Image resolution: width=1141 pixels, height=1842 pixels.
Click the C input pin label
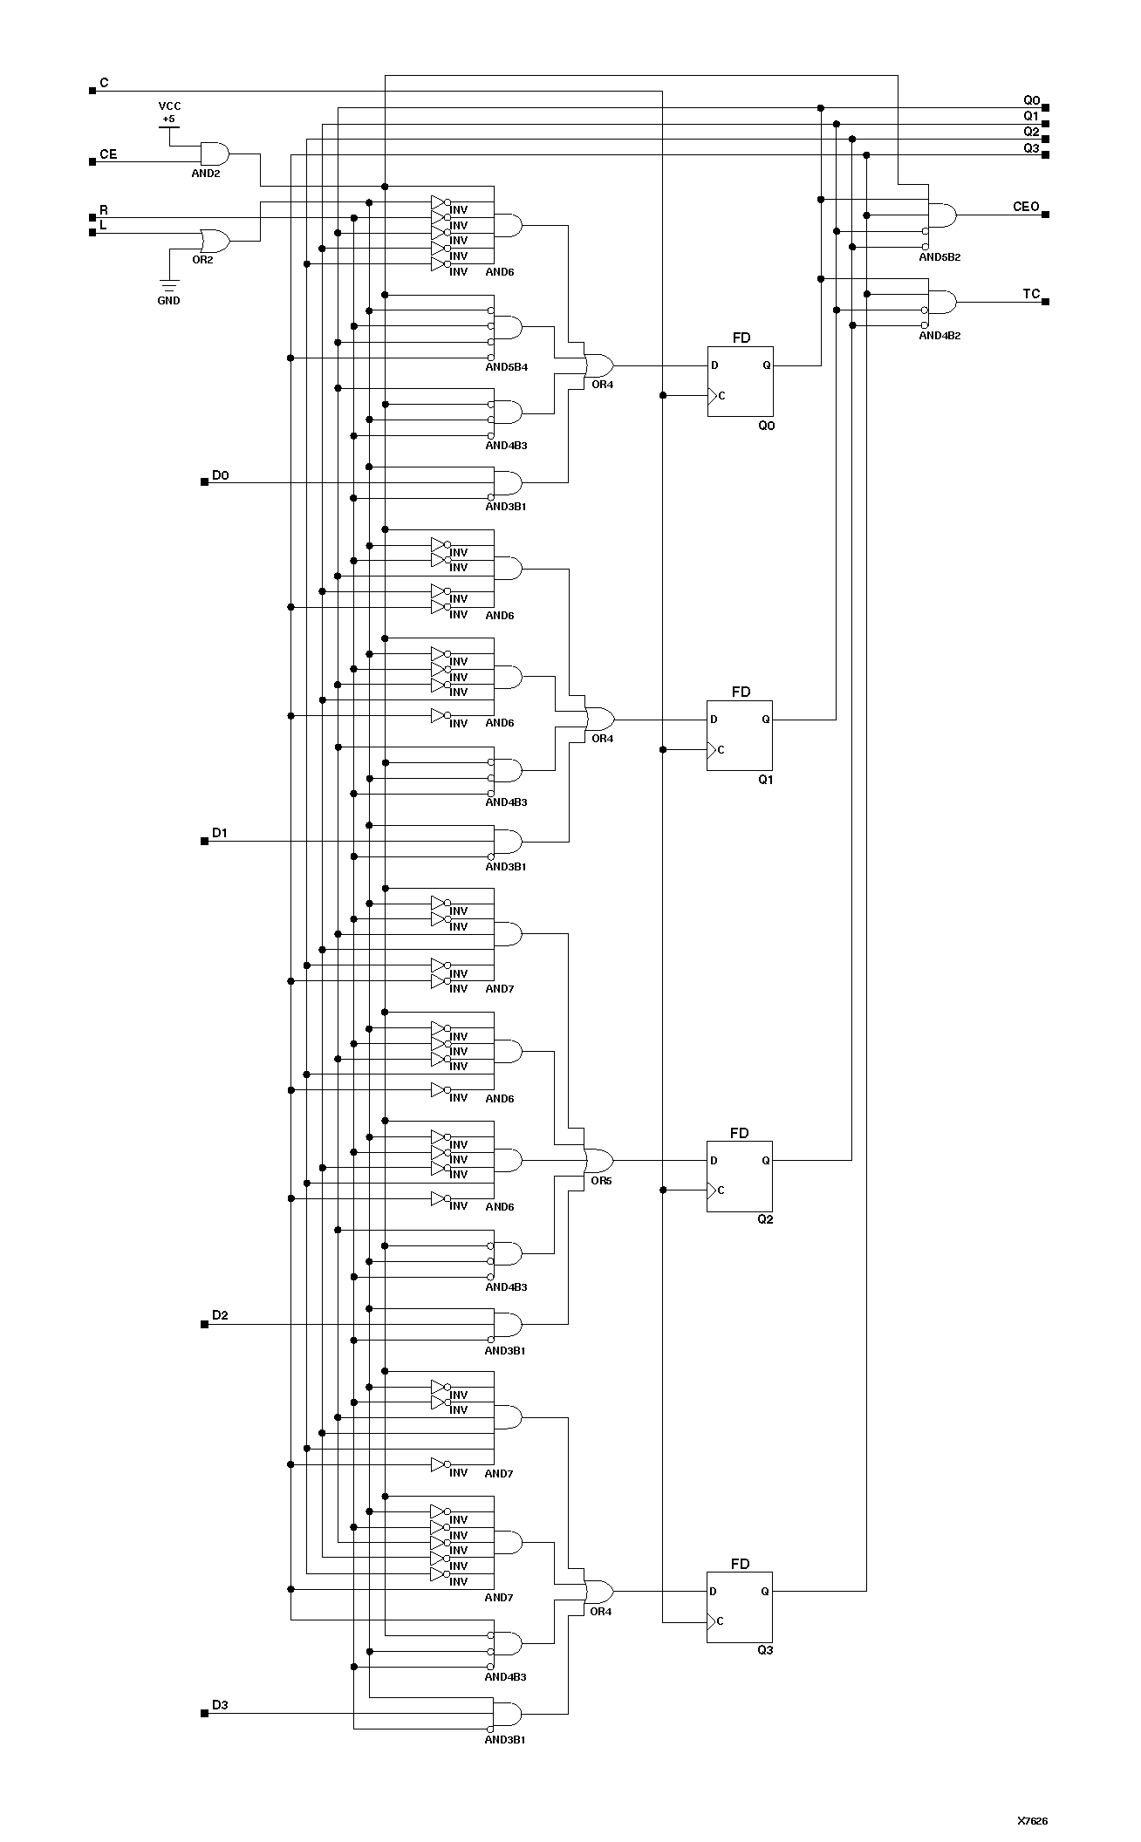point(104,83)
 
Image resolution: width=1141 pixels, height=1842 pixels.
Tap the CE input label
point(107,154)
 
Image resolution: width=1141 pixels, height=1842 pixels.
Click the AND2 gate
point(214,154)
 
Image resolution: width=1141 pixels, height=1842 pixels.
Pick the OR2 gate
point(214,241)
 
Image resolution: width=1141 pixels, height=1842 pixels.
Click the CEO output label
point(1026,207)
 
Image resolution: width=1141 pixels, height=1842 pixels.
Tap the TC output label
point(1031,294)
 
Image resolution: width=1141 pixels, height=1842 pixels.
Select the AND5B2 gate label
point(939,257)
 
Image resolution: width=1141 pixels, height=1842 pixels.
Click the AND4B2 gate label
point(939,336)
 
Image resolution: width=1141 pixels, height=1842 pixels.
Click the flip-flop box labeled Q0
point(740,381)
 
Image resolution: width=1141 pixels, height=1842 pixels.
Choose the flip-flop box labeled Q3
point(740,1607)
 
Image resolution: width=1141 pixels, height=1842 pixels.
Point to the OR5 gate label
point(601,1181)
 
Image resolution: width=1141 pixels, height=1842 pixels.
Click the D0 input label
point(220,475)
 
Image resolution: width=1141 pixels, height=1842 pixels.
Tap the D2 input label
point(220,1315)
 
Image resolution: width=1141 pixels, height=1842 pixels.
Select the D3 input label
point(220,1704)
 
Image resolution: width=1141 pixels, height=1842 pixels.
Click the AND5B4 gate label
point(506,367)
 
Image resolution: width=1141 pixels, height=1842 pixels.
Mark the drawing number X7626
point(1032,1821)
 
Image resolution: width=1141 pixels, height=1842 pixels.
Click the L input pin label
point(103,225)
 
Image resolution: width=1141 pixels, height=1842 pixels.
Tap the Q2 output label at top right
point(1031,132)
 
